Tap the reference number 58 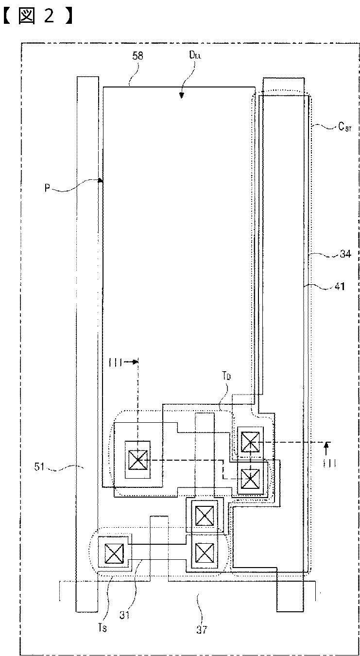[x=138, y=56]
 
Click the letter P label [x=47, y=188]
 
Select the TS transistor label [x=107, y=600]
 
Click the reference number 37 [x=202, y=630]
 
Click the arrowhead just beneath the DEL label [x=181, y=96]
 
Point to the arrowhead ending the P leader [x=101, y=180]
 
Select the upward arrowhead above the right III [x=327, y=445]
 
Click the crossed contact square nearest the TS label [x=115, y=552]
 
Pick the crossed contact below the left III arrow [x=137, y=459]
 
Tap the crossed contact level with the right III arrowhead [x=250, y=442]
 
